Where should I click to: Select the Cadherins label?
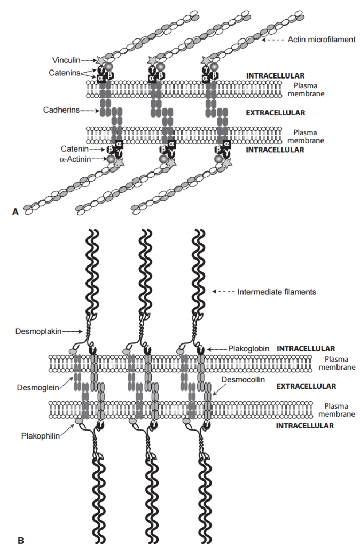(60, 110)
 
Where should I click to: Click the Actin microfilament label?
(322, 40)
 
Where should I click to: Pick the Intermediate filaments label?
(277, 292)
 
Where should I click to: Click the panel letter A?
(15, 212)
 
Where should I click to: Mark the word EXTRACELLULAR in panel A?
(275, 113)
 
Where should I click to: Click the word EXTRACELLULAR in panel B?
(306, 386)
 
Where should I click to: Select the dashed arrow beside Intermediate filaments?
(224, 292)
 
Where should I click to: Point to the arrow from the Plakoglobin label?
(216, 349)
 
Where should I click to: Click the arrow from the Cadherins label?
(89, 111)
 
